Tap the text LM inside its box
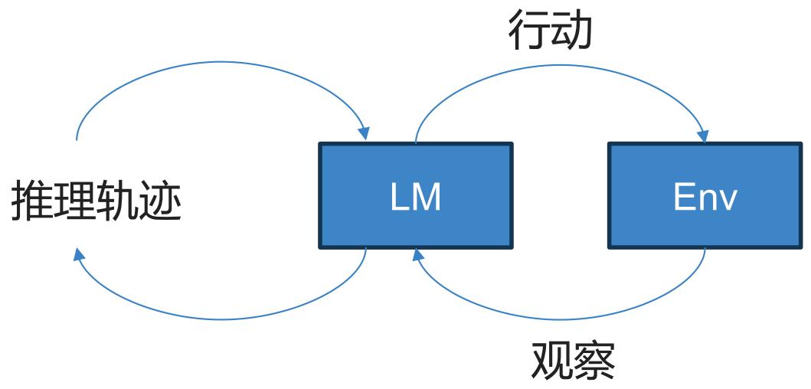[416, 198]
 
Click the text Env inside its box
[705, 198]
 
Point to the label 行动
[550, 31]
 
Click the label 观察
[573, 361]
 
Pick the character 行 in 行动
[528, 31]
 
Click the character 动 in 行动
[571, 31]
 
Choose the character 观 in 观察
[551, 361]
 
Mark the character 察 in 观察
[594, 361]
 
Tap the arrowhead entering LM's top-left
[365, 133]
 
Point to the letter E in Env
[683, 198]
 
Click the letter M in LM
[427, 198]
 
